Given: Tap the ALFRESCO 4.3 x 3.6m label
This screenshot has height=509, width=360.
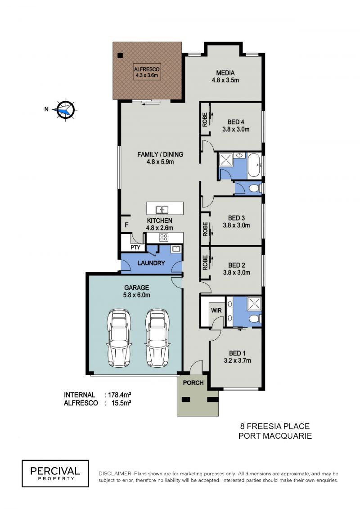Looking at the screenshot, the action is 147,72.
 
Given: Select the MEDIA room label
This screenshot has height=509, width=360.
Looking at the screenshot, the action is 225,73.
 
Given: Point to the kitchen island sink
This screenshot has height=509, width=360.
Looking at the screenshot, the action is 162,209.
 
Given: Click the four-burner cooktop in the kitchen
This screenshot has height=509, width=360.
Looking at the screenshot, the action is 163,237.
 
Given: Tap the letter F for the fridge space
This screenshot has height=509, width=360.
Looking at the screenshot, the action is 126,225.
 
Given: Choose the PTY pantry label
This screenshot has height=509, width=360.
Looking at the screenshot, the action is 135,248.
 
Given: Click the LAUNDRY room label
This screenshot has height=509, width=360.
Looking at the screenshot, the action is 151,263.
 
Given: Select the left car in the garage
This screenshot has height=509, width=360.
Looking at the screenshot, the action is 119,338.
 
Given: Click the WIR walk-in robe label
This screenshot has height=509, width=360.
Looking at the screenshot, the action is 216,311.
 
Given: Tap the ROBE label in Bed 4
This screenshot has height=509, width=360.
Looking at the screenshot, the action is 205,119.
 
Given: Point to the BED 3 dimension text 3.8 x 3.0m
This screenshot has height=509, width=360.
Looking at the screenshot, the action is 236,225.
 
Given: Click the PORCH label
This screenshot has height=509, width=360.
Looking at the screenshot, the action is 193,383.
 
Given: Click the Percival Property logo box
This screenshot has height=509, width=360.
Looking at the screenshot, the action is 55,473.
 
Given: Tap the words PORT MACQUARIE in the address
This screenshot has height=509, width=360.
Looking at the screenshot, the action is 275,436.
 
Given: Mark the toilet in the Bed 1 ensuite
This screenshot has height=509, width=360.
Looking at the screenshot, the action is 255,318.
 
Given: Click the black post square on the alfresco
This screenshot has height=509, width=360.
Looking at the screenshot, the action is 121,55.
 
